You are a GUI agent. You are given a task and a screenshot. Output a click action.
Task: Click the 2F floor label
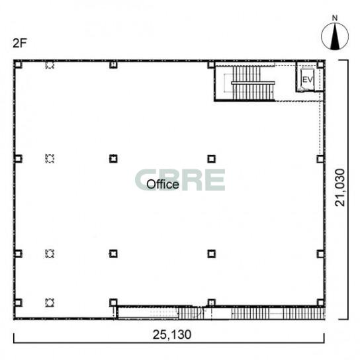tap(20, 43)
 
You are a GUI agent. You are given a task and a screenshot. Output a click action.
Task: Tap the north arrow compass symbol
tap(334, 37)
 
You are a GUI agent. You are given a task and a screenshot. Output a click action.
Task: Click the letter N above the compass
tap(335, 18)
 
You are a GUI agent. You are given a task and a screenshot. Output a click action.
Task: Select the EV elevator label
tap(308, 79)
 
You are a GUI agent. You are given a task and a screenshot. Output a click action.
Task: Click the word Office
tap(163, 184)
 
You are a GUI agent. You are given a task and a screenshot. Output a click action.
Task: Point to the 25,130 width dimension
tap(172, 334)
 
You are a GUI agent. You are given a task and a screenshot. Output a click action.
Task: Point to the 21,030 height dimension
tap(340, 187)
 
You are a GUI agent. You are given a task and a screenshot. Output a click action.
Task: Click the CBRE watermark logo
tap(180, 180)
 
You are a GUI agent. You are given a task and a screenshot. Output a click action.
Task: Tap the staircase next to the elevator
tap(253, 83)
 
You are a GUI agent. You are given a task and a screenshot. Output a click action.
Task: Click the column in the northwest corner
tap(18, 64)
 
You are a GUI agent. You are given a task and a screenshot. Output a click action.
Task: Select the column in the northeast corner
tap(320, 64)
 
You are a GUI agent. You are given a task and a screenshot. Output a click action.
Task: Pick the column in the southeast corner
tap(320, 302)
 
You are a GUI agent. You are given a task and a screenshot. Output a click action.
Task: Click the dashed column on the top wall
tap(50, 65)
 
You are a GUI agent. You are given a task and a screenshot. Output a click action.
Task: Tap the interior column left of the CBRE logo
tap(113, 159)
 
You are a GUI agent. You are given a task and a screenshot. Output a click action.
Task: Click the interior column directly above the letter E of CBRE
tap(212, 159)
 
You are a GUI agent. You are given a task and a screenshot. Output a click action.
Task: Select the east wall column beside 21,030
tap(320, 159)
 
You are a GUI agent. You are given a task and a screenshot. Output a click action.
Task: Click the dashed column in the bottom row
tap(50, 302)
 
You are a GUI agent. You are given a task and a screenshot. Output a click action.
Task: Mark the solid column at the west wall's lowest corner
tap(18, 302)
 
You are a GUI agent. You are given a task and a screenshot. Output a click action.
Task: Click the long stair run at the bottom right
tap(278, 314)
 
